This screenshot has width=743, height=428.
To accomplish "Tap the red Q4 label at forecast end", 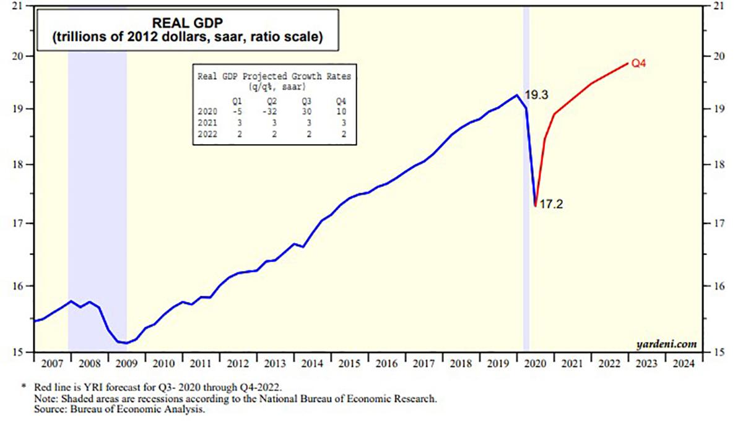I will pyautogui.click(x=640, y=62).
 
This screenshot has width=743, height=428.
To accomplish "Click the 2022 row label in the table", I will pyautogui.click(x=207, y=135).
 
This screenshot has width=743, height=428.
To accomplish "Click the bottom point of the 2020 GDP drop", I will pyautogui.click(x=535, y=205).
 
